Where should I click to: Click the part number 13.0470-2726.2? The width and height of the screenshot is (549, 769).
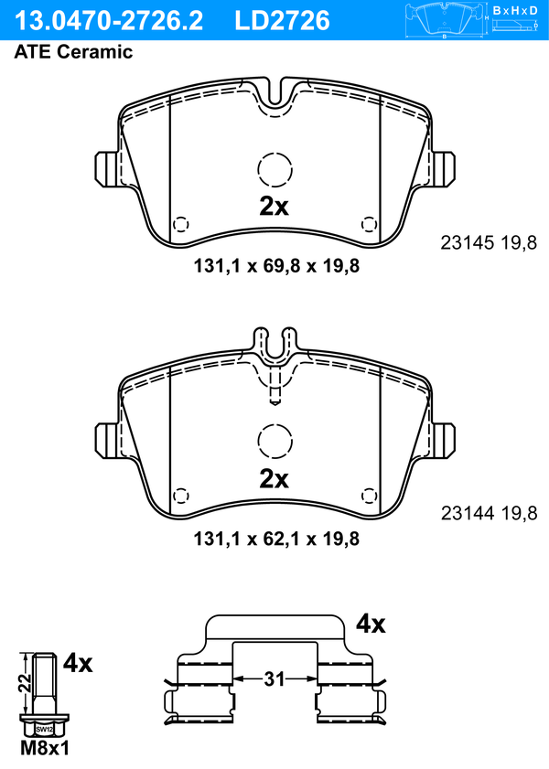pyautogui.click(x=108, y=21)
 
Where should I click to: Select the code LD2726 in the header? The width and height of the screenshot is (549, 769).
pyautogui.click(x=282, y=21)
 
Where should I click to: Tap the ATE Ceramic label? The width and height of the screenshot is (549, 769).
pyautogui.click(x=73, y=51)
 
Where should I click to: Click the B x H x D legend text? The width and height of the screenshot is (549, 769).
pyautogui.click(x=515, y=10)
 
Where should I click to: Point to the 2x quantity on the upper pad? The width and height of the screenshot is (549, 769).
pyautogui.click(x=274, y=207)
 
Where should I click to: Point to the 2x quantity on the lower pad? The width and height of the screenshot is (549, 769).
pyautogui.click(x=274, y=478)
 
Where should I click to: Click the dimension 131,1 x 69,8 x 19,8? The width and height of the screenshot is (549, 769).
pyautogui.click(x=276, y=266)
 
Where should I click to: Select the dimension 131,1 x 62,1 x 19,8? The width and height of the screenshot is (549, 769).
pyautogui.click(x=276, y=539)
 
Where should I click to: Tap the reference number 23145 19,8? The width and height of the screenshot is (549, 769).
pyautogui.click(x=490, y=242)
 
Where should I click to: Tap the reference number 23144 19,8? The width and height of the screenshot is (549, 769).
pyautogui.click(x=490, y=514)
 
